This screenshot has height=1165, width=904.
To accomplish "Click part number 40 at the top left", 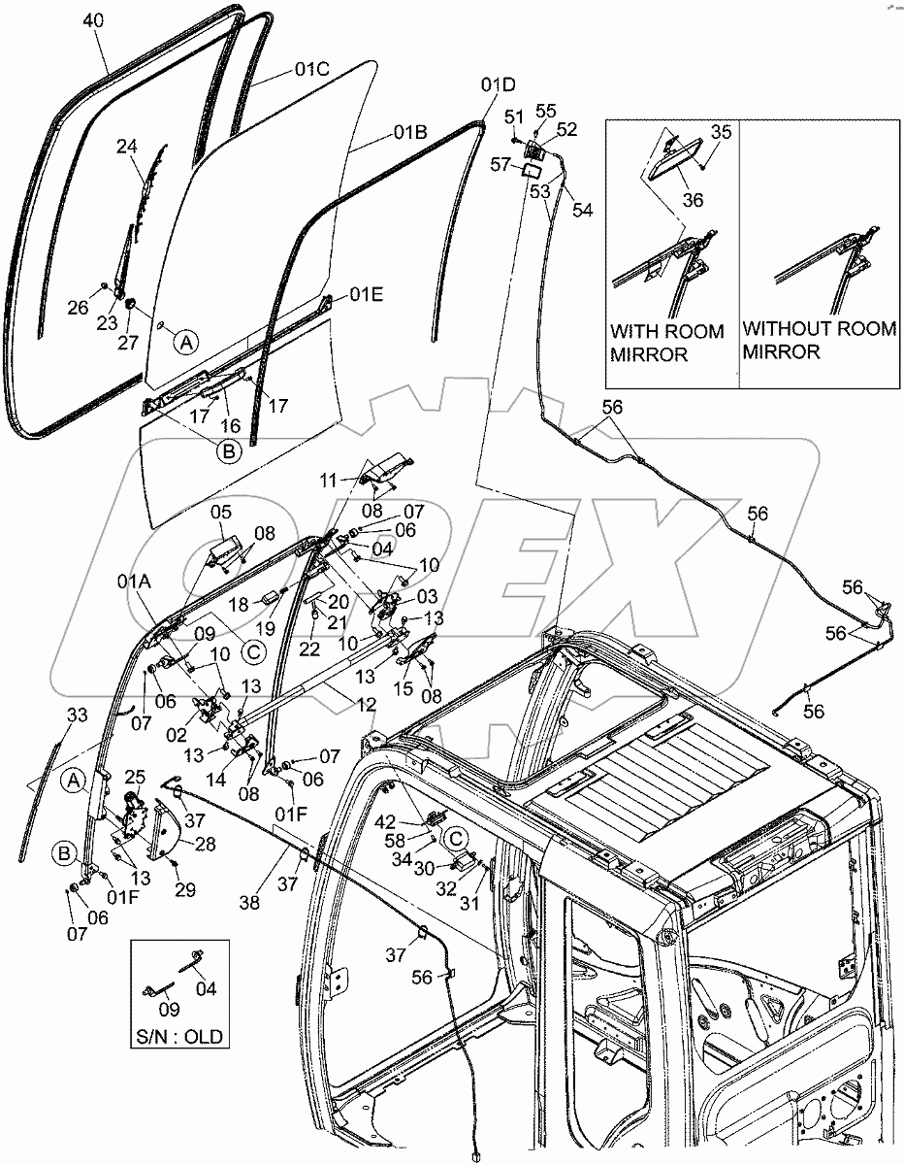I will click(x=93, y=20).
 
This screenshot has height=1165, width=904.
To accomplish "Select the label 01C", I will click(x=313, y=70).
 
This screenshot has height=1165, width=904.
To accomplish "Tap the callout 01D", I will click(x=497, y=85).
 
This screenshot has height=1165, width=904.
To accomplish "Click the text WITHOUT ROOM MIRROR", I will click(x=819, y=341).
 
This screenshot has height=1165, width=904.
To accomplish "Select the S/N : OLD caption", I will click(x=180, y=1037).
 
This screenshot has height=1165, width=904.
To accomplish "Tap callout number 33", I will click(x=77, y=716).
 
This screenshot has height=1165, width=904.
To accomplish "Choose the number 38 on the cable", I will click(x=250, y=902).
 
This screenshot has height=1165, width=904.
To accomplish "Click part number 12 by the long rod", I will click(x=340, y=698).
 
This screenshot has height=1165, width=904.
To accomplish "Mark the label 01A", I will click(x=134, y=582).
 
